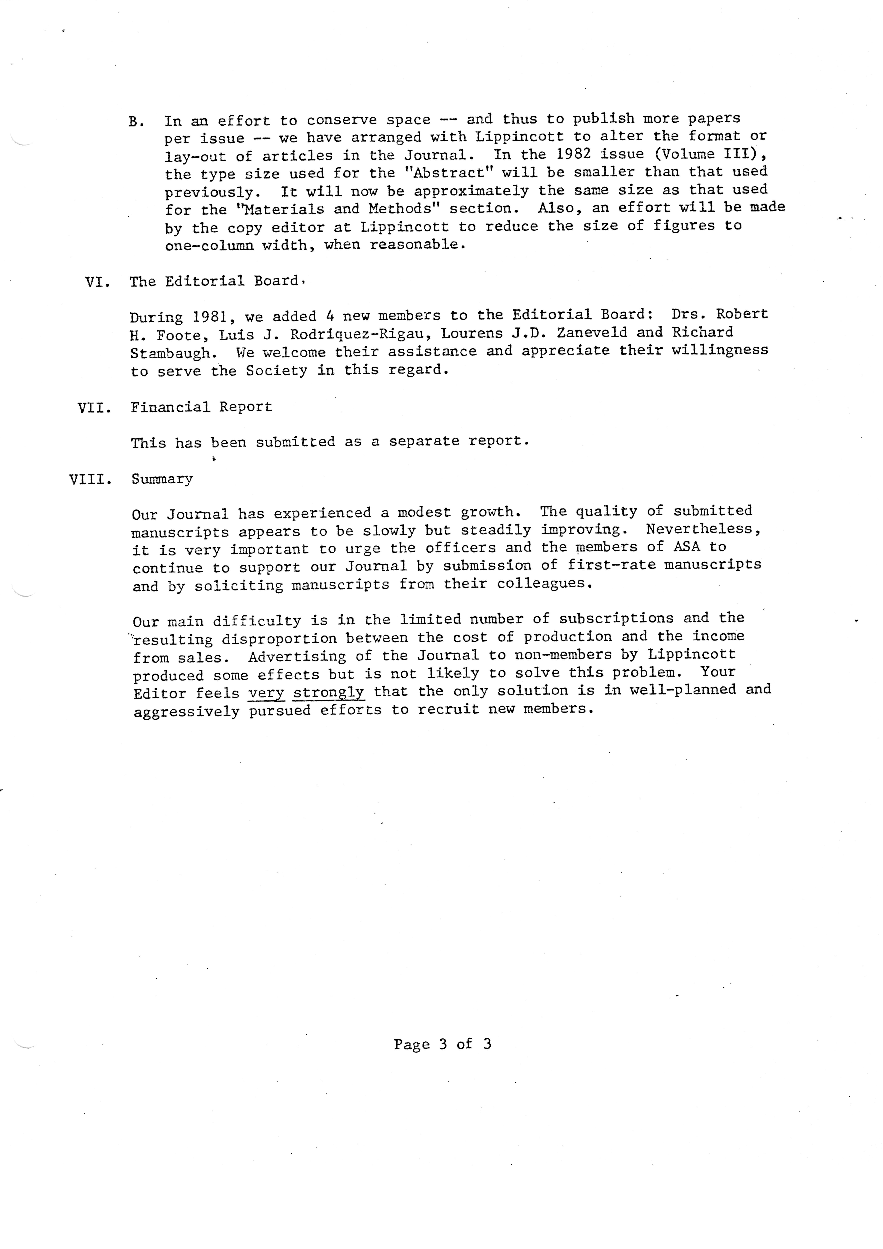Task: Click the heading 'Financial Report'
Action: click(x=201, y=407)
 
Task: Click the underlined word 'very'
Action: click(x=267, y=693)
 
